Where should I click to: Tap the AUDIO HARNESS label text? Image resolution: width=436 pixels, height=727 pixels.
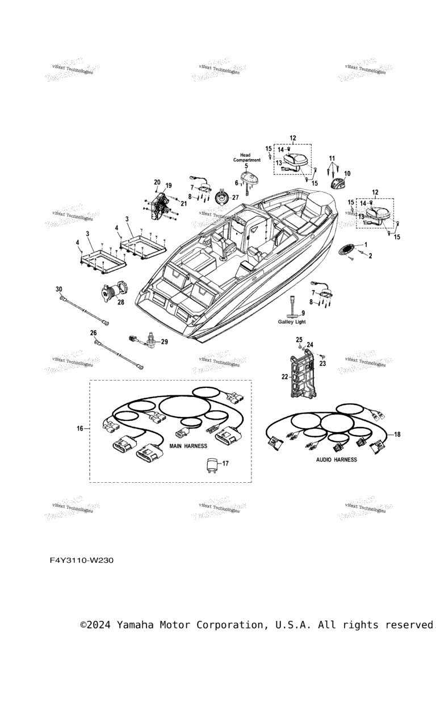pos(337,459)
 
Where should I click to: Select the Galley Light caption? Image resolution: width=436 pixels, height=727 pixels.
pos(292,322)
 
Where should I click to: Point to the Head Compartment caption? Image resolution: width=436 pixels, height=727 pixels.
pos(246,157)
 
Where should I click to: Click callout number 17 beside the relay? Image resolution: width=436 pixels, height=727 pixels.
pos(225,463)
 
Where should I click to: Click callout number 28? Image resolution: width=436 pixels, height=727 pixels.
pos(120,303)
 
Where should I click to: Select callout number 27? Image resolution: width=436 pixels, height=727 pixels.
pos(235,198)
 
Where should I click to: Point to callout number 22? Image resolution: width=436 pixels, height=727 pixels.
pos(284,376)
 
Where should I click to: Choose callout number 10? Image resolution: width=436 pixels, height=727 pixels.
pos(347,173)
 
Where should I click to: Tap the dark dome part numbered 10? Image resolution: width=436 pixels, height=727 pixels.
pos(338,183)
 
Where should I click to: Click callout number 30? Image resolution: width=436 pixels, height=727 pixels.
pos(59,289)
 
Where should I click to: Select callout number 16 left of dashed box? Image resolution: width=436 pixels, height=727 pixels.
pos(80,428)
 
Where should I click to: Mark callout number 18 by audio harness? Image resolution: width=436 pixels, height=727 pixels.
pos(397,434)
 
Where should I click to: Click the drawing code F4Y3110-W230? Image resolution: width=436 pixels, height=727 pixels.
pos(82,561)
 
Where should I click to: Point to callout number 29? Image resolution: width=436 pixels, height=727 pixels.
pos(165,341)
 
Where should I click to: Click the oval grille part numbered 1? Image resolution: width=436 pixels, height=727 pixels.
pos(348,250)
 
